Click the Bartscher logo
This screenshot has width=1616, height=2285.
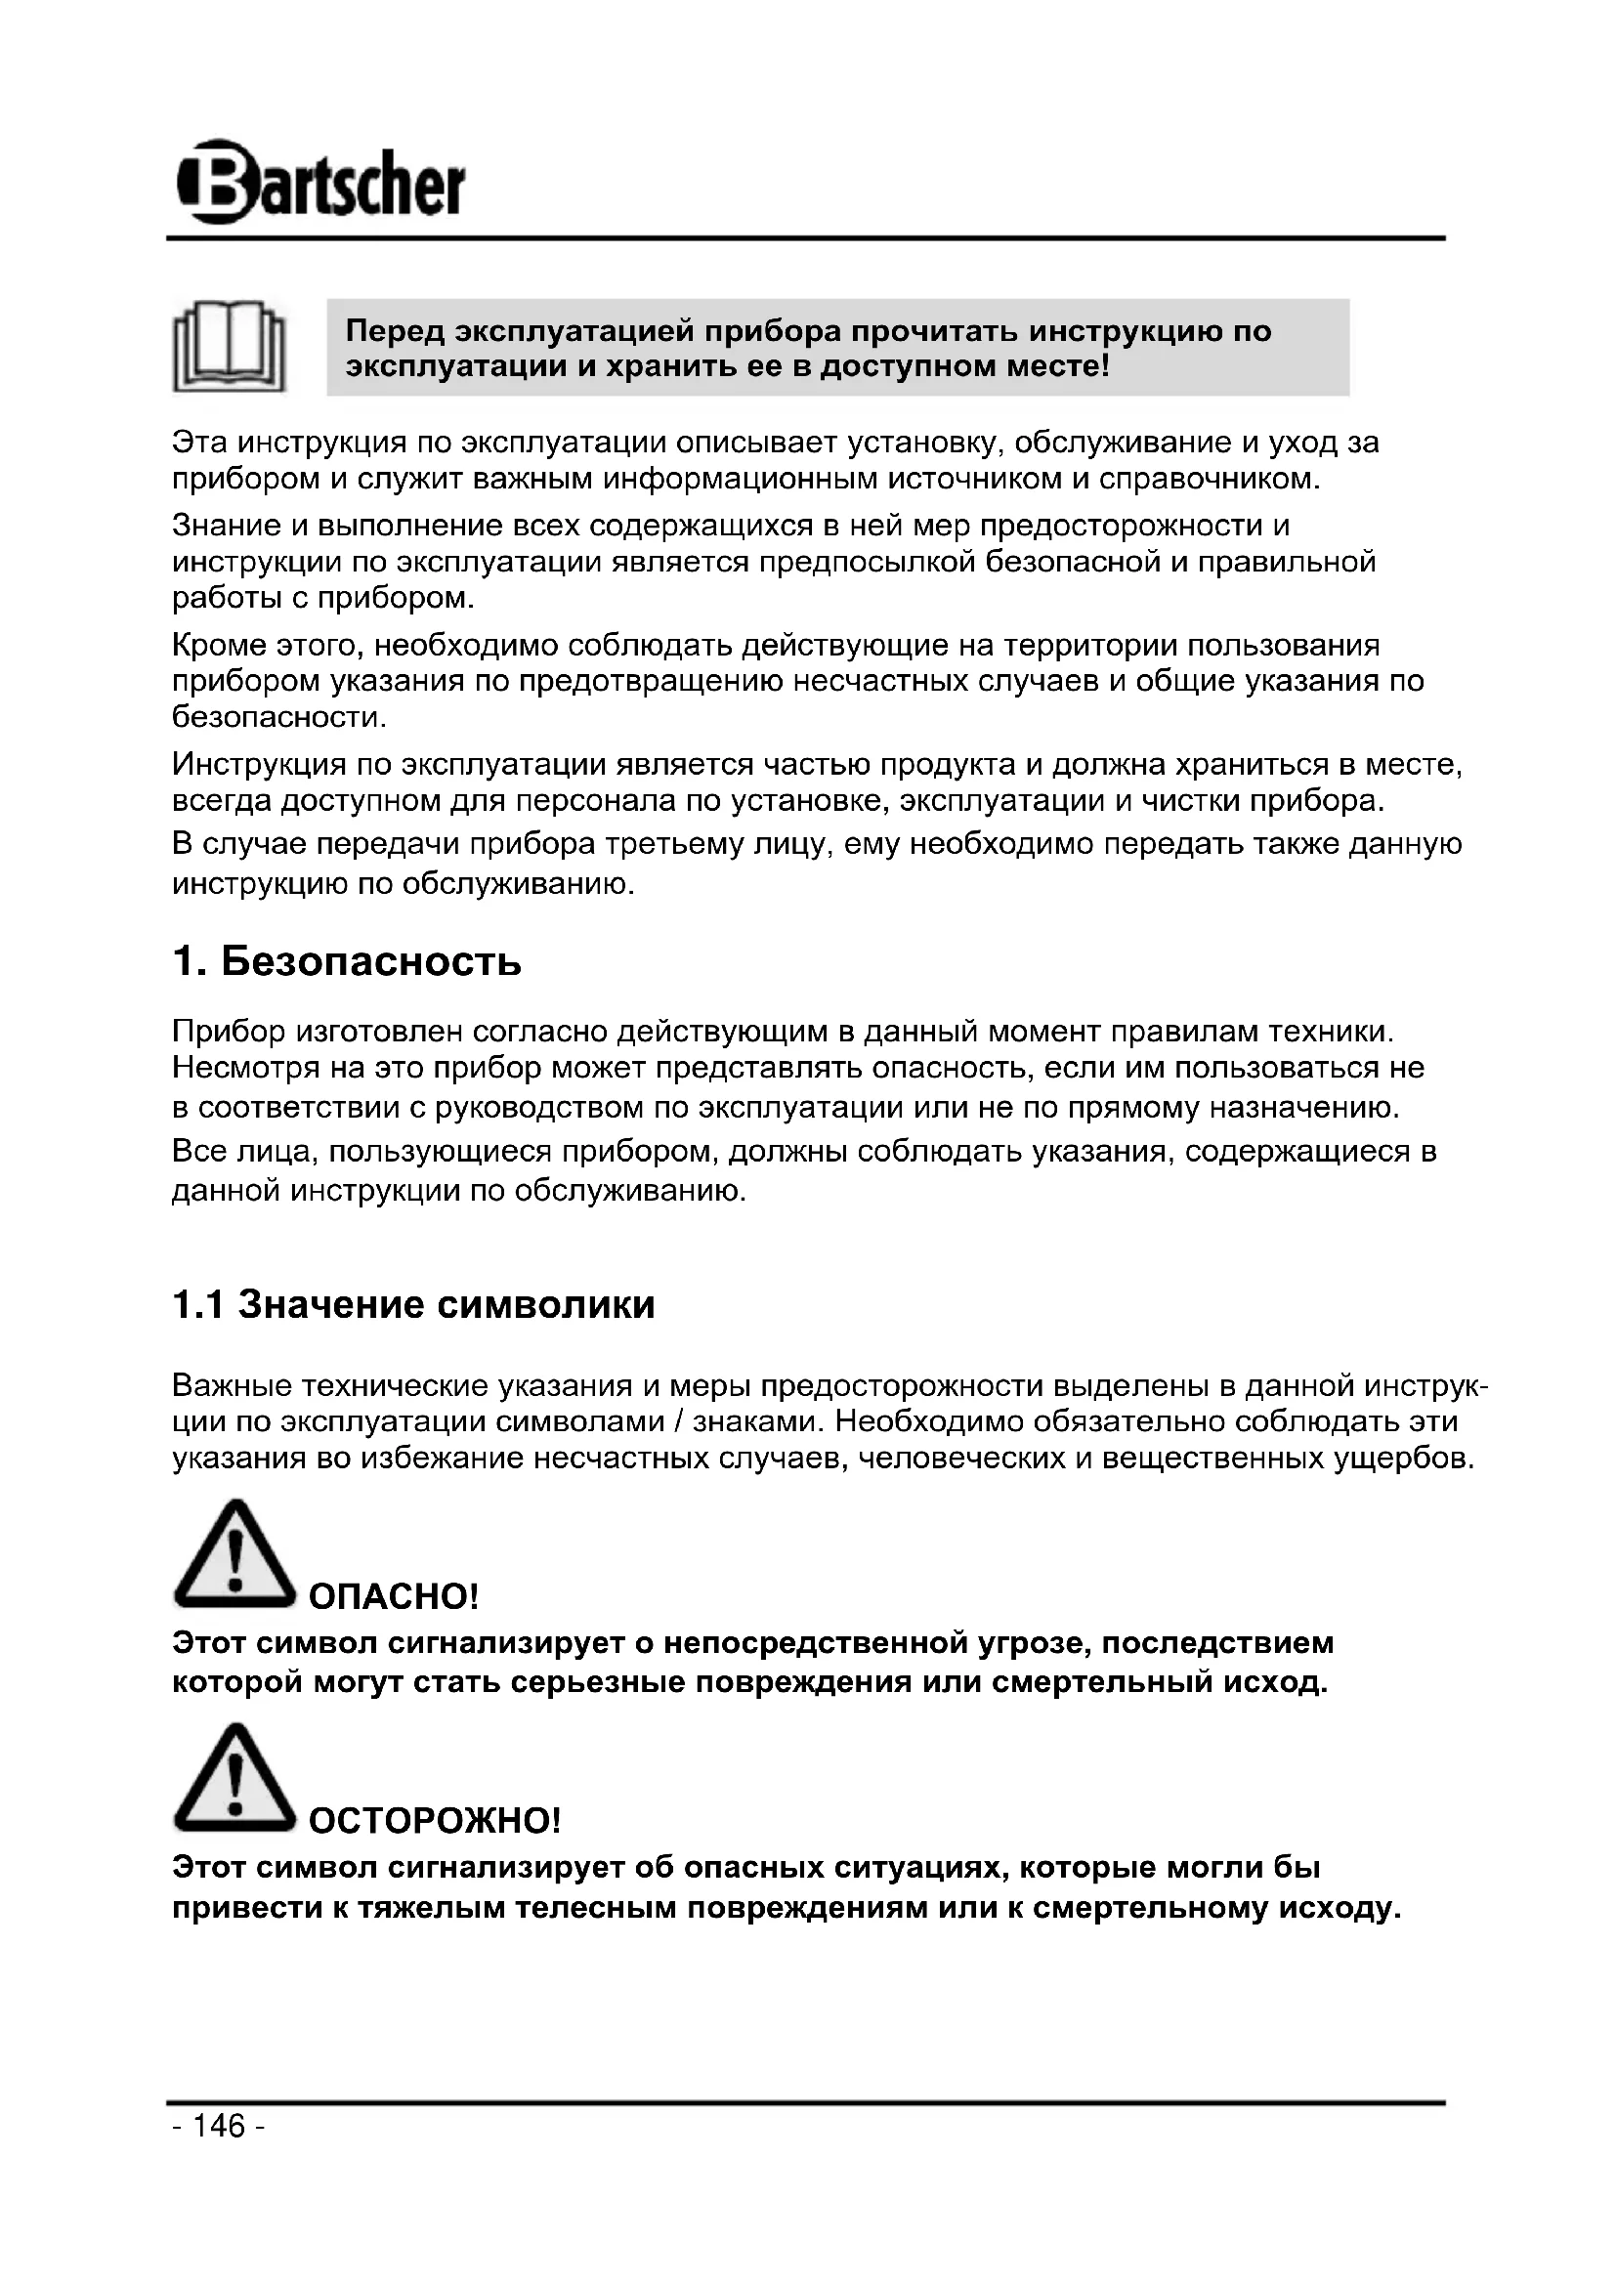pos(320,183)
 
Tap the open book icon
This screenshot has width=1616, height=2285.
pos(230,347)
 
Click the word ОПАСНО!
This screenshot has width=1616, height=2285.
pos(394,1597)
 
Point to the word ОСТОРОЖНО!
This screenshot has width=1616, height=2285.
pos(435,1821)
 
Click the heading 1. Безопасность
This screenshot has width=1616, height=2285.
pos(346,962)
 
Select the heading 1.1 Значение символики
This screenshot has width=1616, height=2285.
pos(414,1304)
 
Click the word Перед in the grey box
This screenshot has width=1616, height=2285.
pos(393,330)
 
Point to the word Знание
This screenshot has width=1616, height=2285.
pos(225,525)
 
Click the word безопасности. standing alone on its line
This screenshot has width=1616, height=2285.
pos(279,716)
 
